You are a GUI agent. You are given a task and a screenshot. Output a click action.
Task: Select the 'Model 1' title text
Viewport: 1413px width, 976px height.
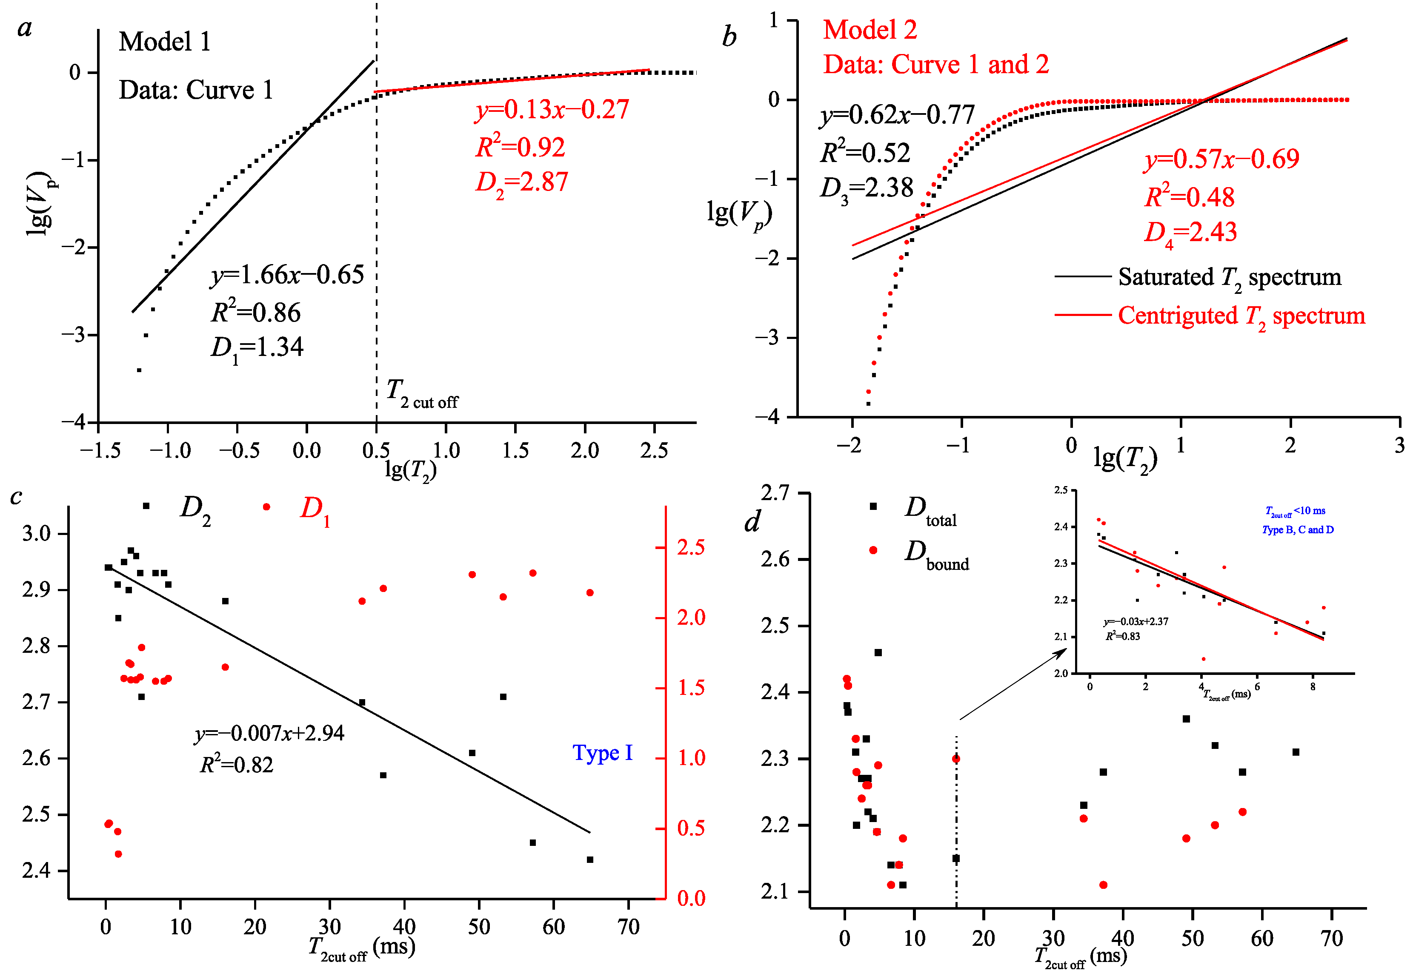[165, 42]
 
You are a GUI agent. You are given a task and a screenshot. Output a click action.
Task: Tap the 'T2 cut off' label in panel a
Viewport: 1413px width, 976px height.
[422, 394]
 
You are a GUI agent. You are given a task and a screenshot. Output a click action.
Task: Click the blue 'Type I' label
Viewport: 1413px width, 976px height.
[603, 753]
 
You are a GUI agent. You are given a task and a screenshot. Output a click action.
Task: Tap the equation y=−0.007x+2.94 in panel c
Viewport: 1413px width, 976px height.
[270, 733]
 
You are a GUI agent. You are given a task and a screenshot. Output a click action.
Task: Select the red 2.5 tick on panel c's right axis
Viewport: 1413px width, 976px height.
[691, 547]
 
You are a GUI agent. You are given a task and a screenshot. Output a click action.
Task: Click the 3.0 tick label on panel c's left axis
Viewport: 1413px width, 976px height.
[36, 533]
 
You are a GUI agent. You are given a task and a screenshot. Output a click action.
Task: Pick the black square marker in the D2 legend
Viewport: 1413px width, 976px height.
[146, 506]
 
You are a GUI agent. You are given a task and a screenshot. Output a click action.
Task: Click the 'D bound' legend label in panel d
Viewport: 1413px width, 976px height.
[937, 555]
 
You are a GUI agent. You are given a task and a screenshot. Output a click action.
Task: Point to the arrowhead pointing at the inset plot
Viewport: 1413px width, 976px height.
[1062, 652]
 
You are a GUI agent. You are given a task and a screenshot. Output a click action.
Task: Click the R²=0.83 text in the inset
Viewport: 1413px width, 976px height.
[1122, 636]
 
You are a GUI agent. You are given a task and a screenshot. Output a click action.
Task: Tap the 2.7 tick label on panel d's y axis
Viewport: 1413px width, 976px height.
[775, 492]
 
